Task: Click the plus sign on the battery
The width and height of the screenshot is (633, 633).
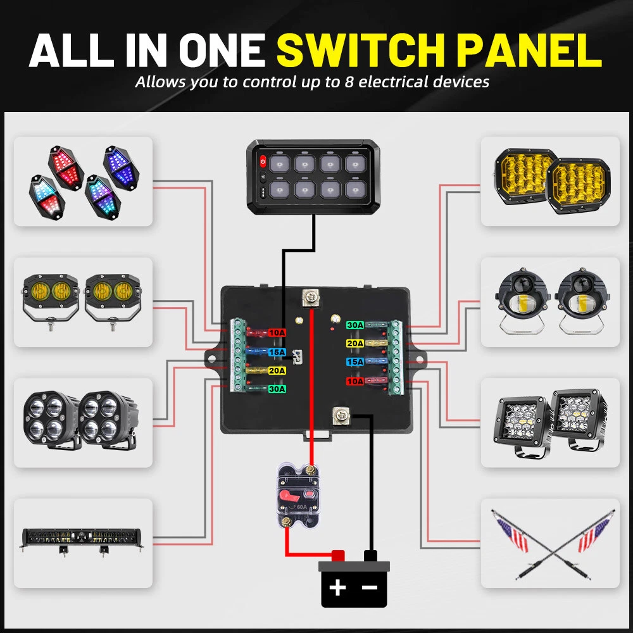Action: tap(337, 587)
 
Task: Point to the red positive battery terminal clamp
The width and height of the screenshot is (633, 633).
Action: tap(337, 555)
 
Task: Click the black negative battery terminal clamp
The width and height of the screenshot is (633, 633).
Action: tap(370, 556)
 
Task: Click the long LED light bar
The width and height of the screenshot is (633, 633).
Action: tap(82, 539)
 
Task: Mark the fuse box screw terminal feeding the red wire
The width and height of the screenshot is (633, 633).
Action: tap(311, 296)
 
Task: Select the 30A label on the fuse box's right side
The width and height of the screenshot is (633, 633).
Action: tap(354, 325)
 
